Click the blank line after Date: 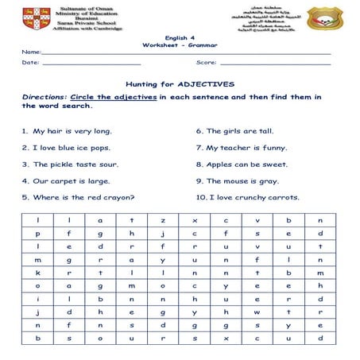(x=91, y=63)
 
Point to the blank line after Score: (x=275, y=63)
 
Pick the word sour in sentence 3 (x=107, y=165)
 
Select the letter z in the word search (x=163, y=220)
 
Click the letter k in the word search (x=37, y=272)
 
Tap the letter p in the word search (x=37, y=234)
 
